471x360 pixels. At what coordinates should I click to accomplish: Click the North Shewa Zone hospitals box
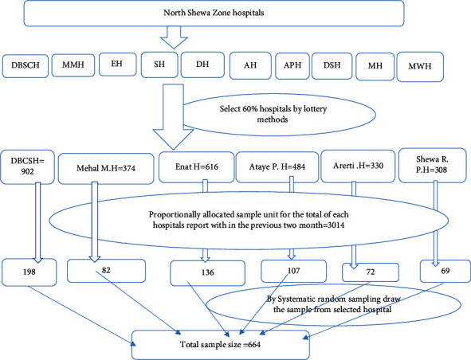214,14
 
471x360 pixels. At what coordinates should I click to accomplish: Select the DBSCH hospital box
26,66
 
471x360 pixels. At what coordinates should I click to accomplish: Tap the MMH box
73,65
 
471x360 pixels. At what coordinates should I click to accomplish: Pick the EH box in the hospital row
117,65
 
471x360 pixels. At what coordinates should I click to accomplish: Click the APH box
292,66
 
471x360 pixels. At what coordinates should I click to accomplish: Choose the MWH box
420,67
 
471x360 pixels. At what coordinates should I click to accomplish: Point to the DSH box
332,66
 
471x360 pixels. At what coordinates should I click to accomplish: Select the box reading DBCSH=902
27,167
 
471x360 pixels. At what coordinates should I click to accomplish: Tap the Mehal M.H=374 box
106,168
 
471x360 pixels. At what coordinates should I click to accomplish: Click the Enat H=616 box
197,167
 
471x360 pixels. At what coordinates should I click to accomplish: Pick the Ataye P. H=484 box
277,167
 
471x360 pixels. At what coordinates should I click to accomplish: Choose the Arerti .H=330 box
358,166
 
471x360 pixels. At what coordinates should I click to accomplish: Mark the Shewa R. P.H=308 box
432,165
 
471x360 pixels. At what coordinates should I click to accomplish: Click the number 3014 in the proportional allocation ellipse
336,225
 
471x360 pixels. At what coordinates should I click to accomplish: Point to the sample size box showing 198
29,272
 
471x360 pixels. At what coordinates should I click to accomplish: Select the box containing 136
207,273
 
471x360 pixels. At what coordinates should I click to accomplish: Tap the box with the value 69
445,271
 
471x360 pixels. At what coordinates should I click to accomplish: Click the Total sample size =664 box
221,345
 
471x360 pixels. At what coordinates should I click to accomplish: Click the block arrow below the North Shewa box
174,37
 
